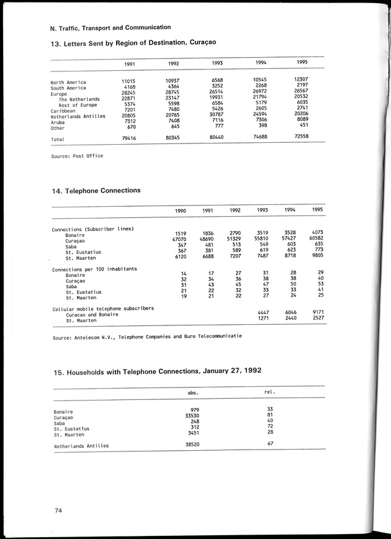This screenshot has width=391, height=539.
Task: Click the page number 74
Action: [x=58, y=510]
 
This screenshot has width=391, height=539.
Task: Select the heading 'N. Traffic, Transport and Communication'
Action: [x=110, y=27]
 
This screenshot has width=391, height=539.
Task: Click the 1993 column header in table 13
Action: [x=217, y=63]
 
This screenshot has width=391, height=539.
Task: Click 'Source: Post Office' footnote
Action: [x=77, y=156]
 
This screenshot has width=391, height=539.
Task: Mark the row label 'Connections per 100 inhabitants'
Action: [x=94, y=268]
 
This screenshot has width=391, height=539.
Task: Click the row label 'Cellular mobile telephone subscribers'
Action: [x=102, y=309]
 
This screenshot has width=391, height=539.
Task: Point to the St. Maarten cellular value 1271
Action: [x=263, y=320]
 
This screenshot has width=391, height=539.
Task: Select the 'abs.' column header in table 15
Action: [x=193, y=392]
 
